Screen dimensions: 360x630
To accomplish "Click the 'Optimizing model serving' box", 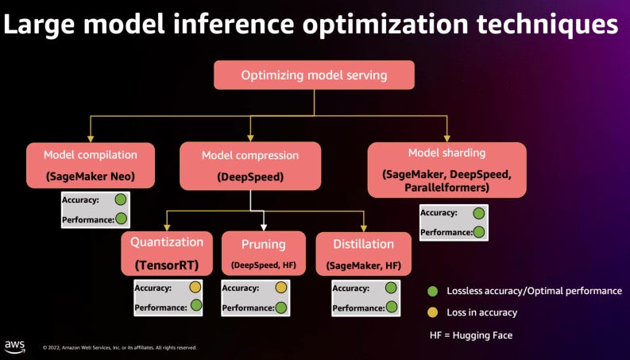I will [315, 75].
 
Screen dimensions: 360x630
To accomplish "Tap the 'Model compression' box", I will [250, 165].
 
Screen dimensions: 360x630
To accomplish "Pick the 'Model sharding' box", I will [446, 169].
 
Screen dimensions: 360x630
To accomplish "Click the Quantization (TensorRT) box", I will [167, 253].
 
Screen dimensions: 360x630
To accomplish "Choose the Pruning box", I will [263, 253].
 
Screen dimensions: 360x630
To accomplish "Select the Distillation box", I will [363, 253].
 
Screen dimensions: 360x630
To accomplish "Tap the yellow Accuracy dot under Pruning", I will [280, 288].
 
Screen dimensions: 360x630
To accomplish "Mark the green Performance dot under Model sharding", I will [479, 232].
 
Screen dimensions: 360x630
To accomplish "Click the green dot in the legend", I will [433, 291].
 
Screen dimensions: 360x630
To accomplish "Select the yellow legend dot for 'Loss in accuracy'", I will [433, 312].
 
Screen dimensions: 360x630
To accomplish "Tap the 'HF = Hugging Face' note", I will [470, 335].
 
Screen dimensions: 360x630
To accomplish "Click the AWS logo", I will [14, 345].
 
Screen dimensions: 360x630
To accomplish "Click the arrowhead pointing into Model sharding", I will [446, 138].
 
